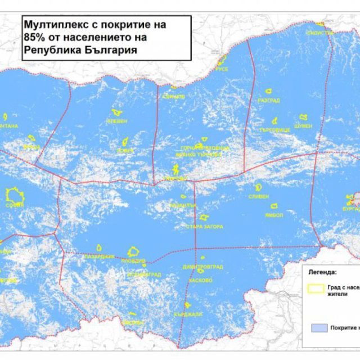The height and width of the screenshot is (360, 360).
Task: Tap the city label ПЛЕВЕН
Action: coord(118,121)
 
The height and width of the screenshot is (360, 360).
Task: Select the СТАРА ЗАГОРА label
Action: coord(204,227)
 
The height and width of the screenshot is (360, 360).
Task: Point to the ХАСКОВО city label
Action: coord(201,280)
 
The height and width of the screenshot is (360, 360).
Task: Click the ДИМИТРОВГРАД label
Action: coord(202,267)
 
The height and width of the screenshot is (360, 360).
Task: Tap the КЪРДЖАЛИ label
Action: coord(188,314)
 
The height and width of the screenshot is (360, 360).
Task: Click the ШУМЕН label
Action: coord(303,126)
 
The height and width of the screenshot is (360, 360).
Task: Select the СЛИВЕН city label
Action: coord(259,196)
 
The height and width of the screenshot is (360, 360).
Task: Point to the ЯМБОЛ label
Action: coord(276,214)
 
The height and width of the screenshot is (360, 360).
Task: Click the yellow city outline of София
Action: coord(14,195)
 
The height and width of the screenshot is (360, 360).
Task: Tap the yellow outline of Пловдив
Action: coord(134,251)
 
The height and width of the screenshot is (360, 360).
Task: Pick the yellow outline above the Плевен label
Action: coord(117,113)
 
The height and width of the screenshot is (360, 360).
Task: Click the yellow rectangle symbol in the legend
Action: coord(316,287)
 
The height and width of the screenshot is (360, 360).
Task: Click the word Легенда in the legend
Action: coord(322,272)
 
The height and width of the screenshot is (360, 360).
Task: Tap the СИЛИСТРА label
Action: coord(319,33)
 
